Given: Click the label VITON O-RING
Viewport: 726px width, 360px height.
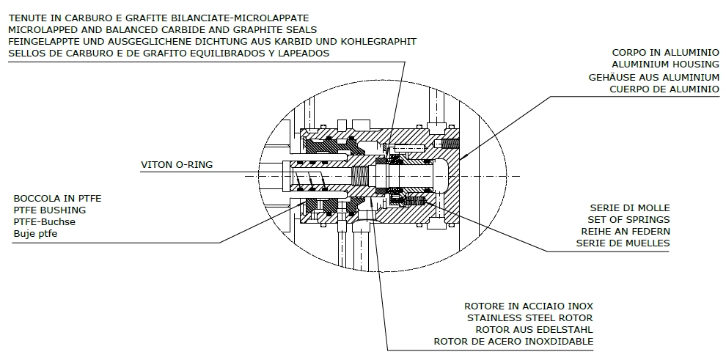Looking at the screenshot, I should [x=177, y=165].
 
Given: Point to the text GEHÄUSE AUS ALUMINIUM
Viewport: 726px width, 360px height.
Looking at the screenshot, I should [x=653, y=77].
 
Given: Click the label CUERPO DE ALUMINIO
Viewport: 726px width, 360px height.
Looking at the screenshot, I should [x=664, y=89].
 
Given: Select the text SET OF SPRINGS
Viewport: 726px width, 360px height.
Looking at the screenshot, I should [x=628, y=219].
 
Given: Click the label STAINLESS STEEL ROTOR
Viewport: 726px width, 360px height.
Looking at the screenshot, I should [x=530, y=317].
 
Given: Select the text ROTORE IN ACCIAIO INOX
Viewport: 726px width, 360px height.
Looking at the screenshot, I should [x=529, y=306].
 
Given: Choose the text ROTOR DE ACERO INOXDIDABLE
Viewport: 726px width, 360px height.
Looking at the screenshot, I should [x=513, y=341].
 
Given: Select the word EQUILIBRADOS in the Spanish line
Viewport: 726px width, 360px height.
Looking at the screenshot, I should [x=224, y=54].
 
